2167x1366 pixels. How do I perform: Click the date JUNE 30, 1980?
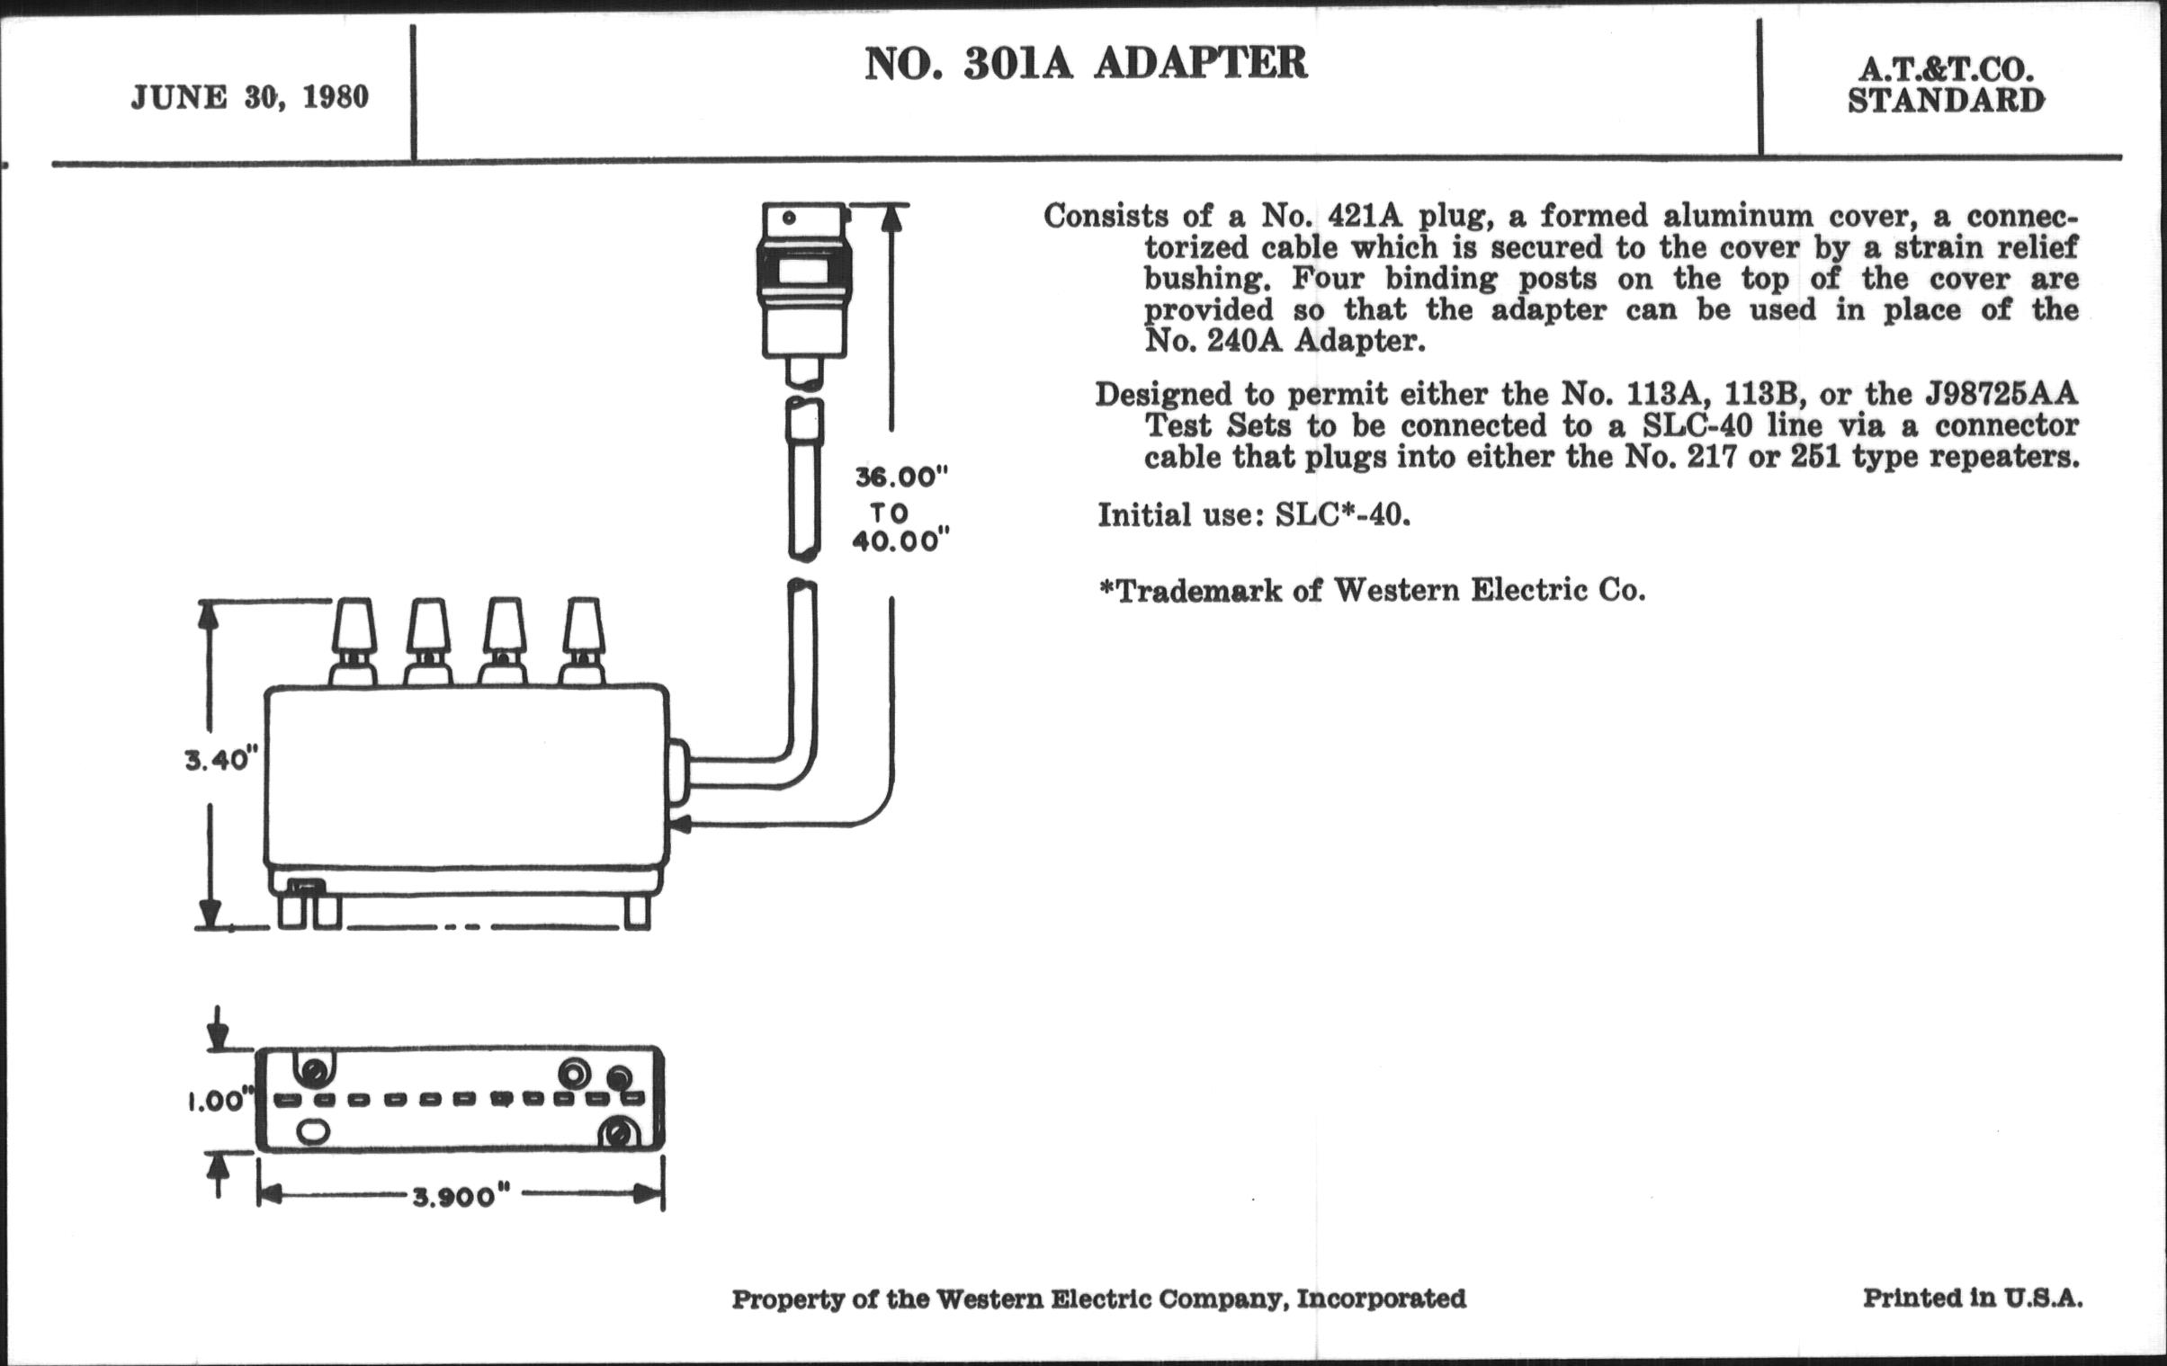pos(249,97)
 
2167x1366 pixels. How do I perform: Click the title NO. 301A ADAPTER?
pos(1086,63)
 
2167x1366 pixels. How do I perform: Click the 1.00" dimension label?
pos(218,1102)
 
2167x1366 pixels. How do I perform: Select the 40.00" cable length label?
pos(900,542)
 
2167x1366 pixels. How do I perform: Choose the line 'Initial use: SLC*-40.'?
pos(1253,515)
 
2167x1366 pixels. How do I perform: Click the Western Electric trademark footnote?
pos(1372,591)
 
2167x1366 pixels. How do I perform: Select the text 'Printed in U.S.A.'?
pos(1972,1299)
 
